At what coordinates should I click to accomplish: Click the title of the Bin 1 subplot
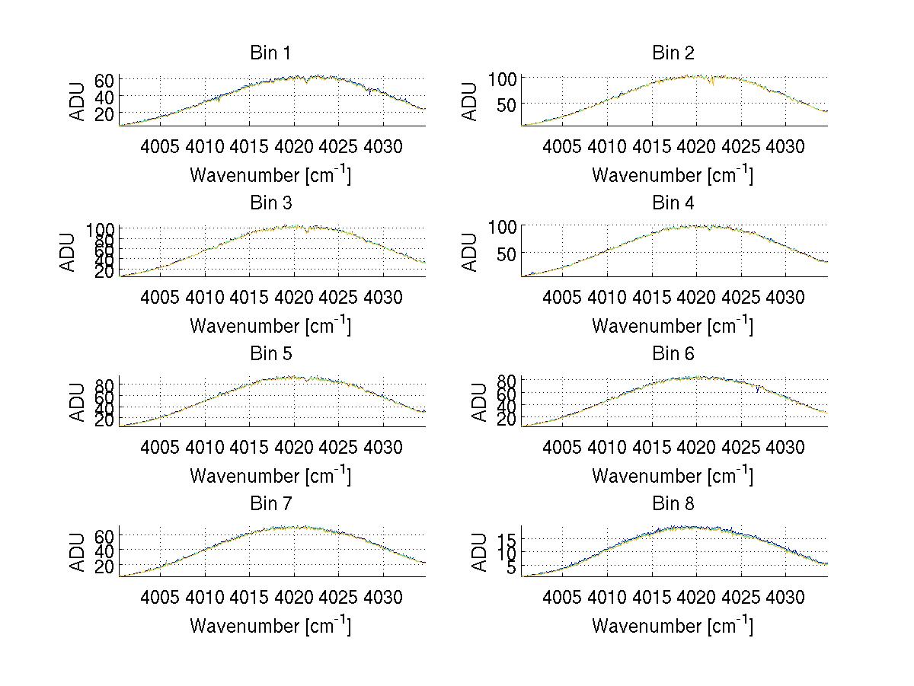tap(270, 53)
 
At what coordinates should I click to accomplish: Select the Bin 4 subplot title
tap(673, 203)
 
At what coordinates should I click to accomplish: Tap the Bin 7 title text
tap(270, 504)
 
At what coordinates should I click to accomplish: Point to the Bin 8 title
tap(673, 504)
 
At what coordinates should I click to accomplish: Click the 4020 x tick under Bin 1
tap(294, 146)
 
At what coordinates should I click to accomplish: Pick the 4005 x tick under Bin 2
tap(563, 146)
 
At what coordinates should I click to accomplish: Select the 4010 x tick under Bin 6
tap(607, 447)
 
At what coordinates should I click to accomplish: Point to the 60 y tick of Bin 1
tap(106, 80)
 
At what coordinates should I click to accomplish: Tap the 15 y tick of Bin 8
tap(508, 539)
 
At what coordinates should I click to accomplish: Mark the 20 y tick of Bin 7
tap(106, 566)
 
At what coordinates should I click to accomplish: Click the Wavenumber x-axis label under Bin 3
tap(270, 325)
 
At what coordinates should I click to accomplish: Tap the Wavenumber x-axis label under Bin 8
tap(673, 626)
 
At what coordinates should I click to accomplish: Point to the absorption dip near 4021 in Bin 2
tap(711, 82)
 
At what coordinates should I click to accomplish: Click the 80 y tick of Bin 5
tap(106, 384)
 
